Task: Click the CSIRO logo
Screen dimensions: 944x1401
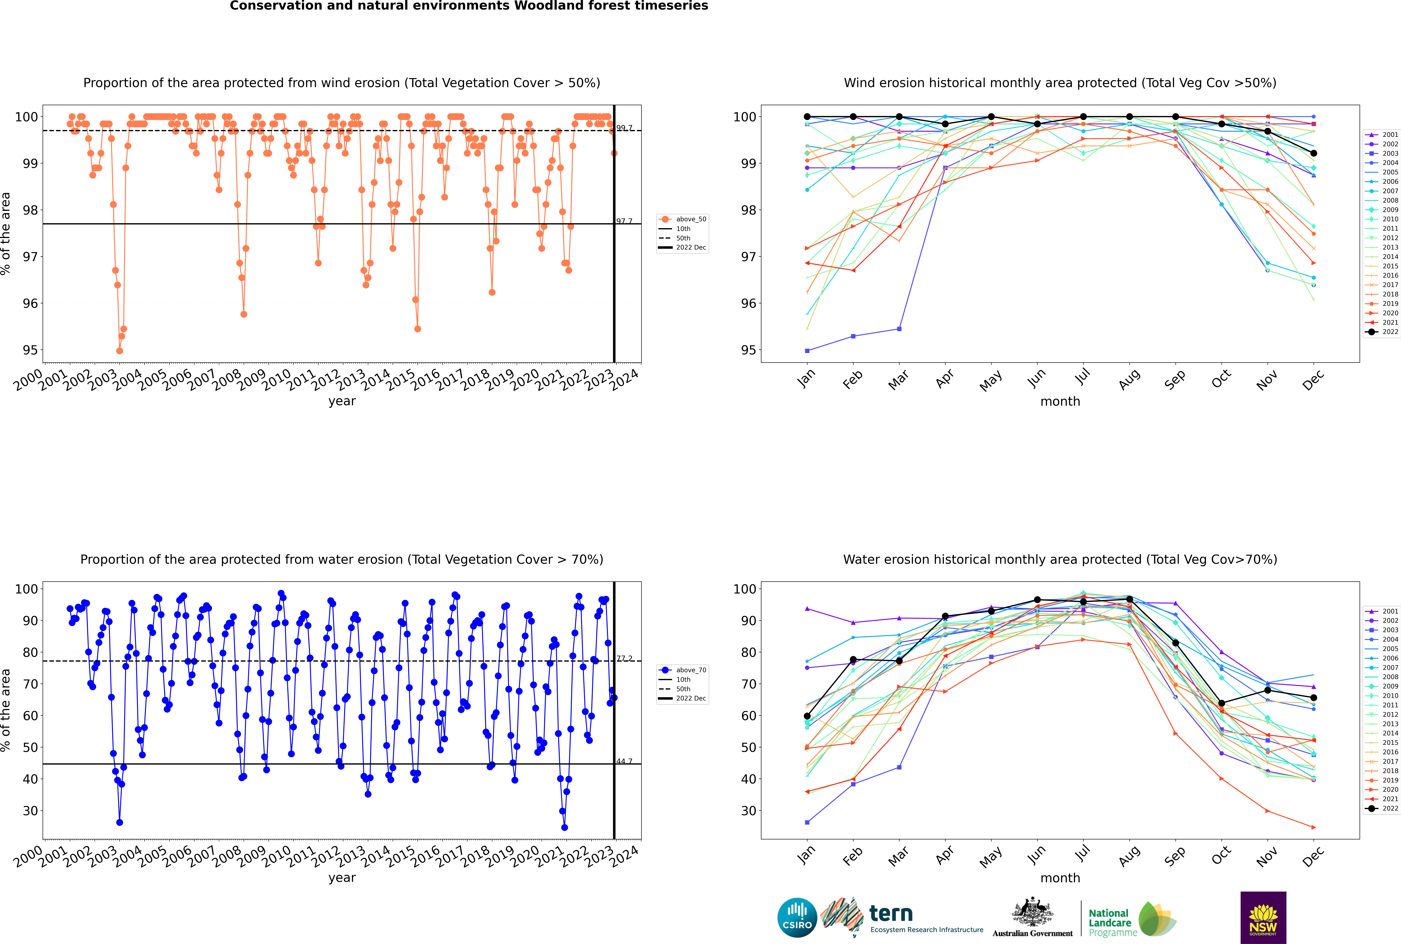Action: tap(797, 918)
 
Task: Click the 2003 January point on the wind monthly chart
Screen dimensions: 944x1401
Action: tap(807, 350)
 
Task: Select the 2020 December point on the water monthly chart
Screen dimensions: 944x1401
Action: tap(1314, 827)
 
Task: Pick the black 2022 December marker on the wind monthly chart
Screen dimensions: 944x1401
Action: tap(1314, 153)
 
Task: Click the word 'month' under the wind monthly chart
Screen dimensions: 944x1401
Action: tap(1060, 402)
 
